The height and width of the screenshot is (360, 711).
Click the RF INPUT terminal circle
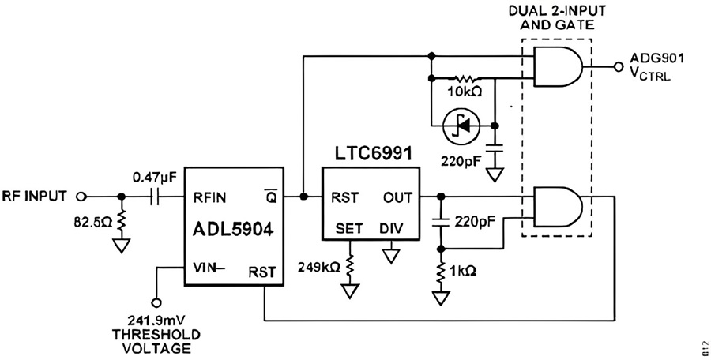pyautogui.click(x=81, y=197)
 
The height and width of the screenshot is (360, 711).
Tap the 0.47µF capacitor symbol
pyautogui.click(x=155, y=197)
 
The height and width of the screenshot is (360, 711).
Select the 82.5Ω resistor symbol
pyautogui.click(x=121, y=223)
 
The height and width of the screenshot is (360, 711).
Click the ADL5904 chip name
pyautogui.click(x=233, y=230)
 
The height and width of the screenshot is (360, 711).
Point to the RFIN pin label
pyautogui.click(x=209, y=197)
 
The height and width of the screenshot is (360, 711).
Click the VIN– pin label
pyautogui.click(x=209, y=268)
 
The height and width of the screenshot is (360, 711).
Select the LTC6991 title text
pyautogui.click(x=374, y=154)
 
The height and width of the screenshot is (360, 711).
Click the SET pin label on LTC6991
pyautogui.click(x=349, y=228)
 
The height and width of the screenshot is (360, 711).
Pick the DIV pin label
pyautogui.click(x=391, y=228)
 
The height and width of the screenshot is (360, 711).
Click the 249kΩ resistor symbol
pyautogui.click(x=349, y=268)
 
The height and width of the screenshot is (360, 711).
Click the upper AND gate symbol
pyautogui.click(x=559, y=66)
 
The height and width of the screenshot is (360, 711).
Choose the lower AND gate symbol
pyautogui.click(x=559, y=206)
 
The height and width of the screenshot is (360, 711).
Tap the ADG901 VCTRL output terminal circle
pyautogui.click(x=618, y=66)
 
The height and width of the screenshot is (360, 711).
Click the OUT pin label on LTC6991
pyautogui.click(x=397, y=197)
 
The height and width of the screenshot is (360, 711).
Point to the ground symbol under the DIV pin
pyautogui.click(x=391, y=257)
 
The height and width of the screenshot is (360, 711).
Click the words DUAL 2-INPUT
pyautogui.click(x=557, y=10)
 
